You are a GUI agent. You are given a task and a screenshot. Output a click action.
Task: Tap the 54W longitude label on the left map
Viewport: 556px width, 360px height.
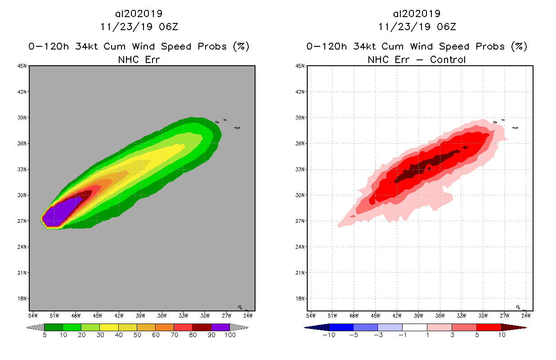pyautogui.click(x=33, y=315)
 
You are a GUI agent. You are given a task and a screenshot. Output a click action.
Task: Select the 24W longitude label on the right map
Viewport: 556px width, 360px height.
pyautogui.click(x=526, y=315)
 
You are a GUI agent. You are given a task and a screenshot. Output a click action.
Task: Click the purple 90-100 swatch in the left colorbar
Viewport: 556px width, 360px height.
pyautogui.click(x=220, y=327)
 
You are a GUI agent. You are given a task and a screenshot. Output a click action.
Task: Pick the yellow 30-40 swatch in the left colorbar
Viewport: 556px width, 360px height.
pyautogui.click(x=109, y=327)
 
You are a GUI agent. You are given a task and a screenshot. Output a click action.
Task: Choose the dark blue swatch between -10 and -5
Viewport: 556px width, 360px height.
pyautogui.click(x=341, y=327)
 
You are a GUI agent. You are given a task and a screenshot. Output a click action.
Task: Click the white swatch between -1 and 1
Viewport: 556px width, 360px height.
pyautogui.click(x=414, y=327)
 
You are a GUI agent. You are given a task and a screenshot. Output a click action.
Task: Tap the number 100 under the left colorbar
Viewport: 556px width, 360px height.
pyautogui.click(x=230, y=335)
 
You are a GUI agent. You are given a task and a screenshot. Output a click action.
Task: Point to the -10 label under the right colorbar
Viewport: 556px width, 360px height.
pyautogui.click(x=329, y=335)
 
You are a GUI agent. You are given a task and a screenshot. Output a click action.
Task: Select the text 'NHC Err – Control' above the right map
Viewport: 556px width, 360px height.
pyautogui.click(x=417, y=59)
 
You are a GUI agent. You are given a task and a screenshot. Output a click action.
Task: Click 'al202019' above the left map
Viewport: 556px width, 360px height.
pyautogui.click(x=139, y=14)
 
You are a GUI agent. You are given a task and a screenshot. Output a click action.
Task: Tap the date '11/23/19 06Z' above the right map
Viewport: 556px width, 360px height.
pyautogui.click(x=417, y=27)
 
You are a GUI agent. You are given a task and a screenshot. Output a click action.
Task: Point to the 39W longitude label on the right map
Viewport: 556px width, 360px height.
pyautogui.click(x=418, y=315)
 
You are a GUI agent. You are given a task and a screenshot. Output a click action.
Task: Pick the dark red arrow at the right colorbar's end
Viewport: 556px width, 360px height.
pyautogui.click(x=513, y=327)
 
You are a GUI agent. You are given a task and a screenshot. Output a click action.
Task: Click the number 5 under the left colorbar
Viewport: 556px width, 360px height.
pyautogui.click(x=45, y=335)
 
